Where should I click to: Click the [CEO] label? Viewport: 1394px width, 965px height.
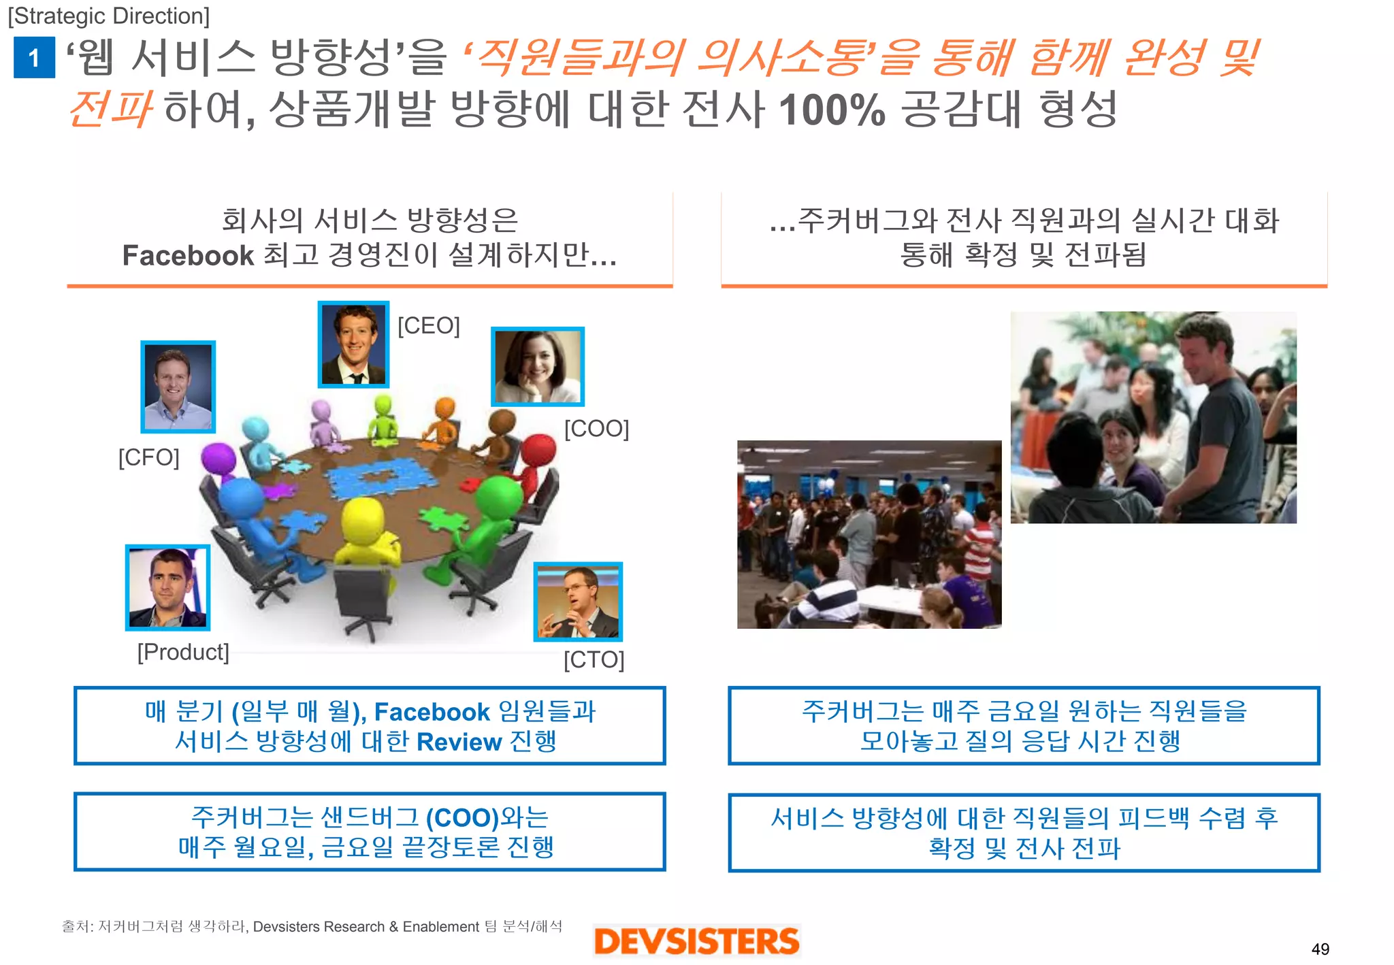(x=429, y=326)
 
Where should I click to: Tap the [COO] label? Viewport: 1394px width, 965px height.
(x=596, y=429)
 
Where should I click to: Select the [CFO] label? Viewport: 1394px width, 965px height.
(x=149, y=457)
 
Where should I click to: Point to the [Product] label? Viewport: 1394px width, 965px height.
(x=183, y=652)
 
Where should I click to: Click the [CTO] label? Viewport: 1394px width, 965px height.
(x=594, y=659)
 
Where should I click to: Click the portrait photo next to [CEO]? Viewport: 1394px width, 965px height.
(x=353, y=344)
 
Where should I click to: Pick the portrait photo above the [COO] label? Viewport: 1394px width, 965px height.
(x=538, y=367)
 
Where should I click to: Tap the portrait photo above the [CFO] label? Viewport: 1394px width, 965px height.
(x=178, y=387)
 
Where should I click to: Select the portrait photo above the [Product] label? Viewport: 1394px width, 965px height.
(x=168, y=587)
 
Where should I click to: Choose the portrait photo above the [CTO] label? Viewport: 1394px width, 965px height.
(x=578, y=602)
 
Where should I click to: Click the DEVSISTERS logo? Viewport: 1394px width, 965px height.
(x=696, y=941)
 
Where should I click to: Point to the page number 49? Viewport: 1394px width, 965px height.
(x=1320, y=949)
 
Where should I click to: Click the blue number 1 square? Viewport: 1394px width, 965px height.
(x=34, y=58)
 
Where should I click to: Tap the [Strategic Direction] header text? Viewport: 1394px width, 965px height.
(x=109, y=16)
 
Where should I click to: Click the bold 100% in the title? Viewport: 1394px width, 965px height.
(x=832, y=110)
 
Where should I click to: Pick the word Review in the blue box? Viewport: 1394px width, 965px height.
(x=459, y=742)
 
